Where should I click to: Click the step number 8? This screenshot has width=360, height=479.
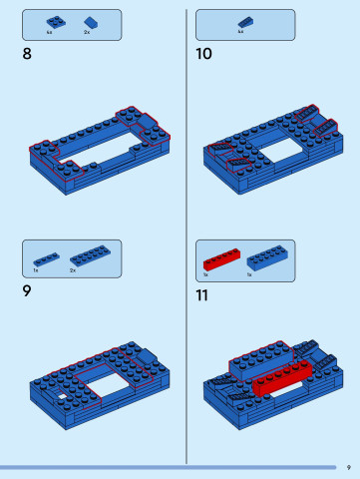coord(26,54)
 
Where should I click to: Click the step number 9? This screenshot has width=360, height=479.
coord(26,291)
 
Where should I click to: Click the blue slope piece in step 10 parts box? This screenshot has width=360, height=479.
coord(243,22)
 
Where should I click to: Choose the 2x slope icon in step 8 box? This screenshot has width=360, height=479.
coord(90,22)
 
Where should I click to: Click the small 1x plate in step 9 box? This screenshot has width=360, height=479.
coord(45,258)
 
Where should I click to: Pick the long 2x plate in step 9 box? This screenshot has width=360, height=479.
coord(89,256)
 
